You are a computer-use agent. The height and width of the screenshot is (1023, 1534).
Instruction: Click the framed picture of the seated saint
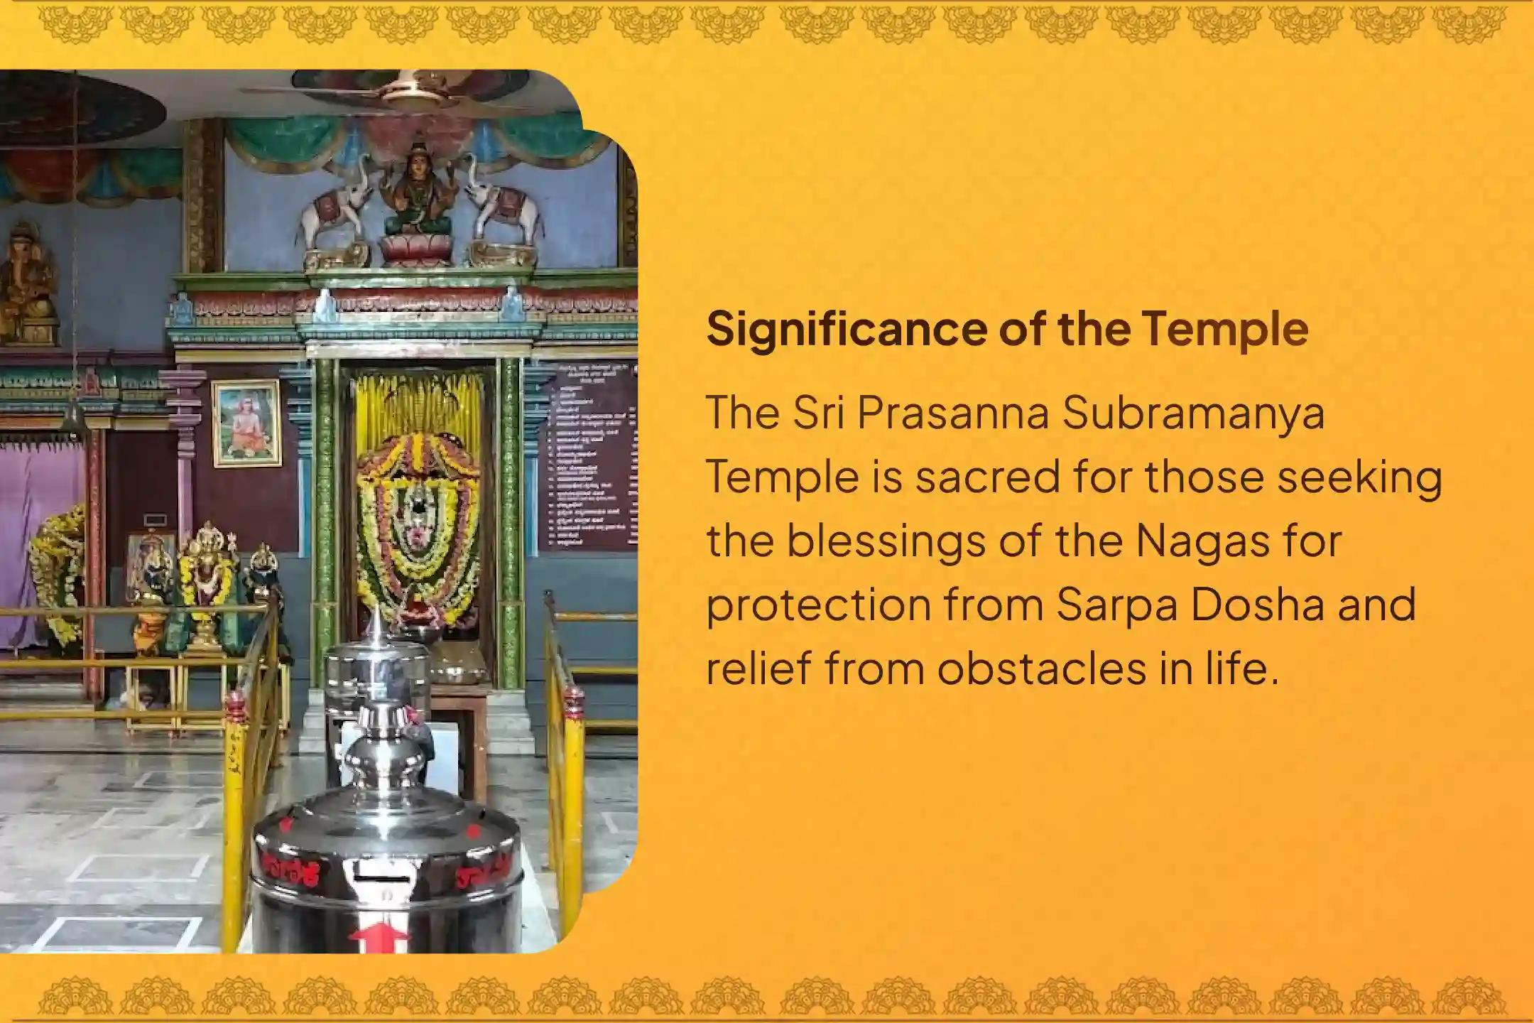click(246, 423)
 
